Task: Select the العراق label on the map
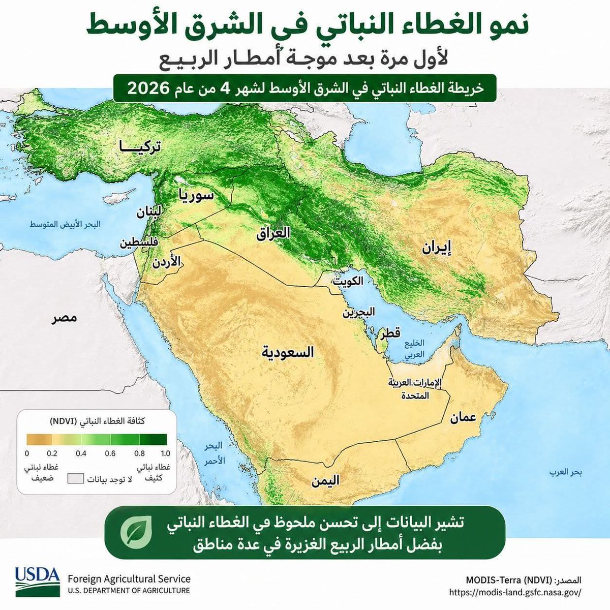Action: click(x=273, y=233)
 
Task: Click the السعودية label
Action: click(x=288, y=352)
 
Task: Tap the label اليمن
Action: click(x=325, y=480)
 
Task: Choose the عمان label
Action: click(x=463, y=417)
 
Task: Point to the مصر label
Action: click(x=65, y=318)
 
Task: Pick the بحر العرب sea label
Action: click(x=565, y=472)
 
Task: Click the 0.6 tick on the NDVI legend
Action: click(x=110, y=453)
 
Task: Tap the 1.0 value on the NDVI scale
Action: click(x=165, y=453)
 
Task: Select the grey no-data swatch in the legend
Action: click(x=76, y=479)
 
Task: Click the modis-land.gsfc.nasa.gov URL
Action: click(x=515, y=592)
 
